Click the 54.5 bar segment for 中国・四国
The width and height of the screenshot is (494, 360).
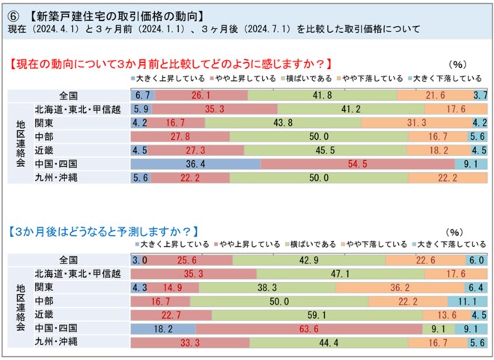pos(358,163)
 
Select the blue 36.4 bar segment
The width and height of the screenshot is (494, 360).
pos(195,163)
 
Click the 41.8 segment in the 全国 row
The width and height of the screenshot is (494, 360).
pos(322,95)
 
